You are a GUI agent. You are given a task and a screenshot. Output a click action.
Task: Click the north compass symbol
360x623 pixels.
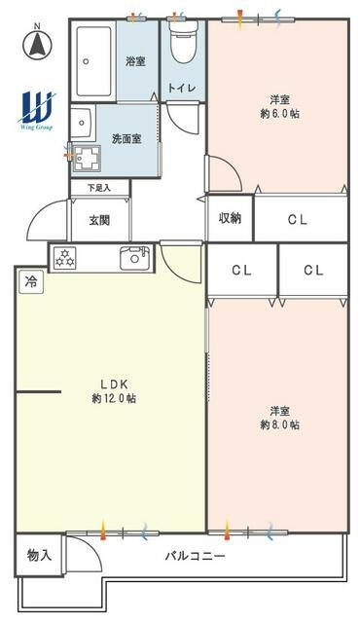[38, 43]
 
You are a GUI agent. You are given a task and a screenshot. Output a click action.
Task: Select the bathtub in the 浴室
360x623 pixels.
[93, 61]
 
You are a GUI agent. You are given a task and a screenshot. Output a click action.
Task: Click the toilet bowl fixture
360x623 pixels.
[183, 41]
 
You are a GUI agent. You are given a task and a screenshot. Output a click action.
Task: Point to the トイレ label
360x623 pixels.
[181, 88]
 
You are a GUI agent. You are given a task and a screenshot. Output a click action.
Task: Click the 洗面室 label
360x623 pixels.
[126, 139]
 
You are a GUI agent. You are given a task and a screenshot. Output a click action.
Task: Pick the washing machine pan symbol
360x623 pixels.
[88, 158]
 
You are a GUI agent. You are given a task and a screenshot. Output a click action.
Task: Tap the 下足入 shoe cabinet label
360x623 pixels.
[99, 188]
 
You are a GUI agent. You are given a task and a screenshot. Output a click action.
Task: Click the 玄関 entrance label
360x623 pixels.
[99, 220]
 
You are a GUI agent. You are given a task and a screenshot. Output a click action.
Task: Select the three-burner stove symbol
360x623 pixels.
[64, 257]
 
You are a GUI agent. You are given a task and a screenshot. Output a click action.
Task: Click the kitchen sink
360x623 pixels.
[135, 258]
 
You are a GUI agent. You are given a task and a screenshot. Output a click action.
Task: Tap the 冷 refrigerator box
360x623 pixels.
[31, 282]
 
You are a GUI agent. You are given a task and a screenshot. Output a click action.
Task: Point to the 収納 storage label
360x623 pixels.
[230, 218]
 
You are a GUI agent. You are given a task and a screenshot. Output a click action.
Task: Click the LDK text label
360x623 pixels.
[114, 384]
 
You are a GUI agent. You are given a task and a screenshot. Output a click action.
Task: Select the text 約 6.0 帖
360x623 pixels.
[280, 114]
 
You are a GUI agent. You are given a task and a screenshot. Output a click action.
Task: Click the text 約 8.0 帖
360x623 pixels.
[280, 424]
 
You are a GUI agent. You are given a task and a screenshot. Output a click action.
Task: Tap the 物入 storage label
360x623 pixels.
[39, 555]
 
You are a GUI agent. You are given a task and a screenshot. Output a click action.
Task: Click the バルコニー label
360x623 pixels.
[195, 556]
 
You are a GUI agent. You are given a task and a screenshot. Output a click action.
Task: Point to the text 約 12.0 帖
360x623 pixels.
[114, 398]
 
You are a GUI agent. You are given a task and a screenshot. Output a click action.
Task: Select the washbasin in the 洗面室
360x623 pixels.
[83, 123]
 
